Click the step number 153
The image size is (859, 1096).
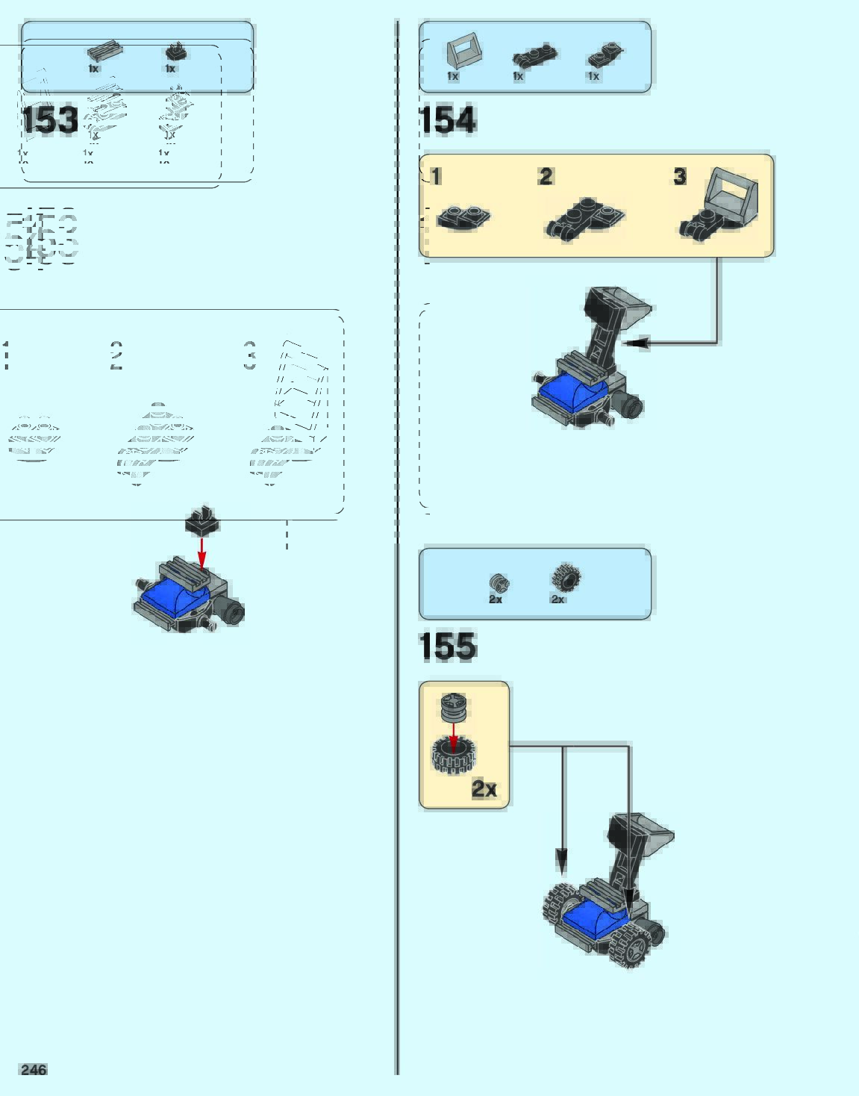coord(49,120)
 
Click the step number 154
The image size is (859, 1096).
coord(447,120)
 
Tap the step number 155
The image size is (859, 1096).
coord(447,647)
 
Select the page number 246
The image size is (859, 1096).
coord(34,1070)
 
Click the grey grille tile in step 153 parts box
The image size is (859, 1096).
coord(104,52)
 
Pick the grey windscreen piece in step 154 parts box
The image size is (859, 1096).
coord(463,54)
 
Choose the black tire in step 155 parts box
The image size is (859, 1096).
coord(566,579)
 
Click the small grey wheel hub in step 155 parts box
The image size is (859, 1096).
coord(499,583)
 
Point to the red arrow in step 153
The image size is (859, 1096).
coord(202,552)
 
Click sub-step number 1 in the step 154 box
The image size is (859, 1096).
coord(436,176)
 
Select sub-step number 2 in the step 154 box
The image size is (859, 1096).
coord(546,176)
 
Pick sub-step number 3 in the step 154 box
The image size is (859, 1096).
coord(679,176)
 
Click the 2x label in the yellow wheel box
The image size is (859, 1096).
coord(484,788)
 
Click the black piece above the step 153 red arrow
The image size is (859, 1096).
coord(202,521)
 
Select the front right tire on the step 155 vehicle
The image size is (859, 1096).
coord(631,943)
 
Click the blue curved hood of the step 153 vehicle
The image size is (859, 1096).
coord(176,598)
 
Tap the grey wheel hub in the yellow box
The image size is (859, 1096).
coord(453,706)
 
